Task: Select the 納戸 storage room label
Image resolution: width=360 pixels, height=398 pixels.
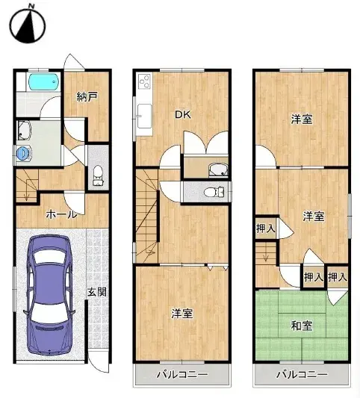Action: tap(85, 96)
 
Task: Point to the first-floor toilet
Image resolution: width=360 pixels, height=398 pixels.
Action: tap(98, 176)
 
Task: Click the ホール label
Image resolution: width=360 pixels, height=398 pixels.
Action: tap(61, 214)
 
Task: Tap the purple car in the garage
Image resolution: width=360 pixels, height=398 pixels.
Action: tap(49, 293)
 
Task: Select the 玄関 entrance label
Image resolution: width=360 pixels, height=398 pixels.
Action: tap(96, 292)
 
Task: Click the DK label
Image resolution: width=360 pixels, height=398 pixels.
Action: tap(182, 114)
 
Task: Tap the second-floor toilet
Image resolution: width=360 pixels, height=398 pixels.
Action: tap(214, 193)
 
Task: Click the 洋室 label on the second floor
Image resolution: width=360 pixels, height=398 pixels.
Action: tap(182, 314)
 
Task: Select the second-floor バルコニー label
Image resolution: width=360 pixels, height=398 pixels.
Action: tap(177, 374)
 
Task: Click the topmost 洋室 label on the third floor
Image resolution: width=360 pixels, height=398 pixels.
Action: tap(302, 119)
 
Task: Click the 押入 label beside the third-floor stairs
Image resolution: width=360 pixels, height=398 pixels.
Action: tap(264, 228)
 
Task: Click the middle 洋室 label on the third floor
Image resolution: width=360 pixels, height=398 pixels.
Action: tap(314, 216)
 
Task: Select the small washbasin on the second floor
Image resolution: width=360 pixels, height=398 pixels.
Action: tap(217, 168)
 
